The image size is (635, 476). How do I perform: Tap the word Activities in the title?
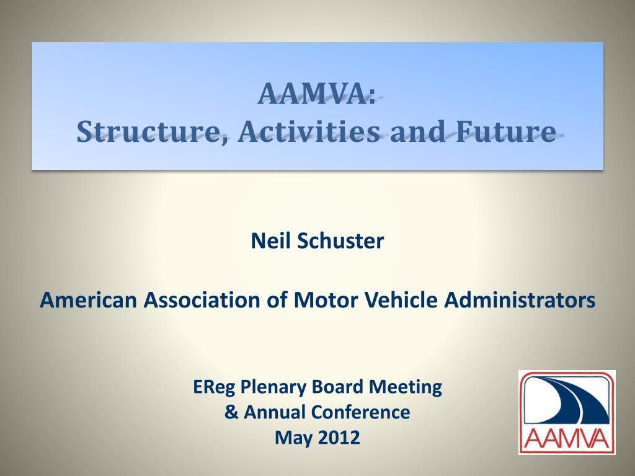(x=309, y=131)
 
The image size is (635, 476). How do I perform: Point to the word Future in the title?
(x=505, y=131)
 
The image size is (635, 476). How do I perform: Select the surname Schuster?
(x=340, y=240)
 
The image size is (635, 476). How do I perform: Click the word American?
(x=88, y=300)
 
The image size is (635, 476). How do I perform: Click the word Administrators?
(x=520, y=300)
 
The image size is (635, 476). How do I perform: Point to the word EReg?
(x=214, y=387)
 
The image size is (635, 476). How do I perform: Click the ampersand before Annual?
(x=231, y=412)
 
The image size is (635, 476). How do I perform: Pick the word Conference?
(x=360, y=412)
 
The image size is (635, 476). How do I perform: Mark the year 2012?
(x=339, y=438)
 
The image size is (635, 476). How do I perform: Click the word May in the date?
(x=293, y=438)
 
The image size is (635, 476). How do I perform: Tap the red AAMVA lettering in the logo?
(x=567, y=439)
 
